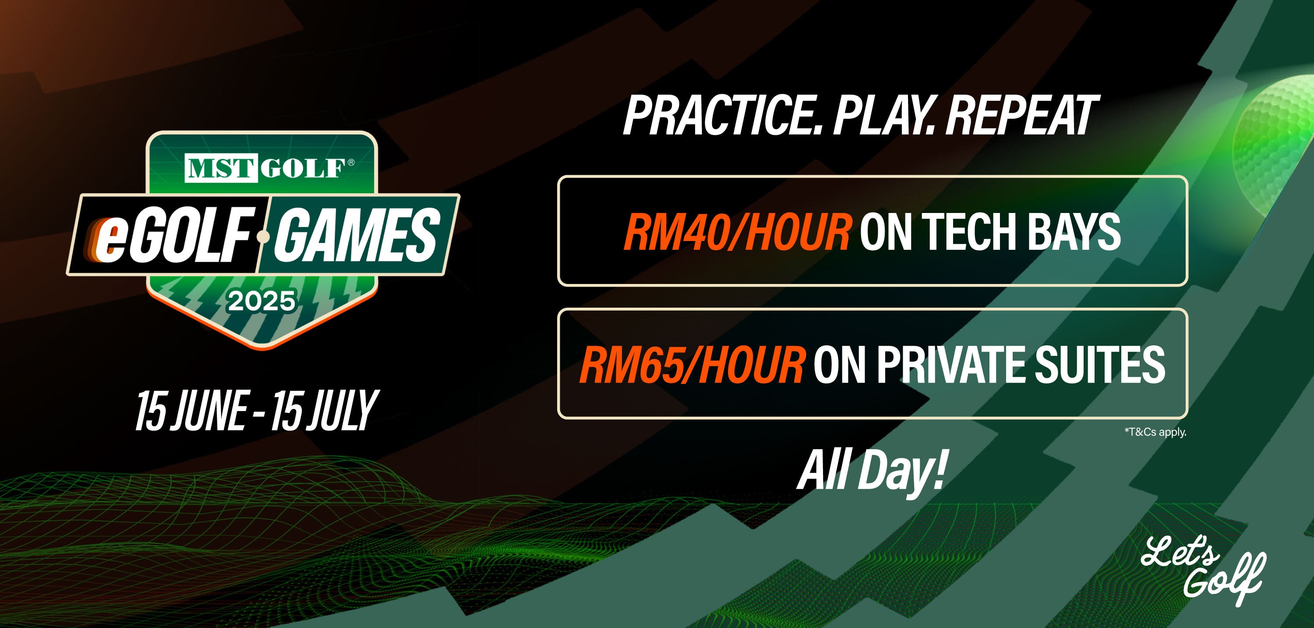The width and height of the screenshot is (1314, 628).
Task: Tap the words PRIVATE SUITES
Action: click(x=1021, y=364)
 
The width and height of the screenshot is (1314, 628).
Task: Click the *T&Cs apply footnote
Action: click(x=1155, y=433)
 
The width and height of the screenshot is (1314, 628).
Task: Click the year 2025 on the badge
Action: click(x=261, y=301)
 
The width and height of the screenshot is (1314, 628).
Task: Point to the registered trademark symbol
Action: click(x=350, y=162)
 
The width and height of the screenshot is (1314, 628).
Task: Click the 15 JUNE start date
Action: click(x=190, y=410)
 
